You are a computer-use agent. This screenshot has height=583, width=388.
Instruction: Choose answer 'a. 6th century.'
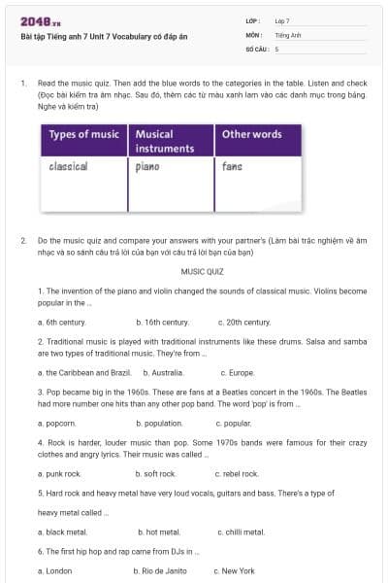coord(61,322)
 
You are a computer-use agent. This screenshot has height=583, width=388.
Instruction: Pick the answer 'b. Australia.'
coord(164,372)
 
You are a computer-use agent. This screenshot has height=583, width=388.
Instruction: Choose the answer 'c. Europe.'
coord(237,372)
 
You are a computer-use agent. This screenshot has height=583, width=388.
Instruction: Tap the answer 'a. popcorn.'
coord(56,424)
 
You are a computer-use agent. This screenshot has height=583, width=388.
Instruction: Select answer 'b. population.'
coord(159,424)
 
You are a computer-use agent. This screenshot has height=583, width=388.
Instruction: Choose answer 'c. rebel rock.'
coord(239,474)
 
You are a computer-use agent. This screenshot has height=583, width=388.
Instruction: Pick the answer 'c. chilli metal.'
coord(242,532)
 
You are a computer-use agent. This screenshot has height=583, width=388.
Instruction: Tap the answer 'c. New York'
coord(236,571)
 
